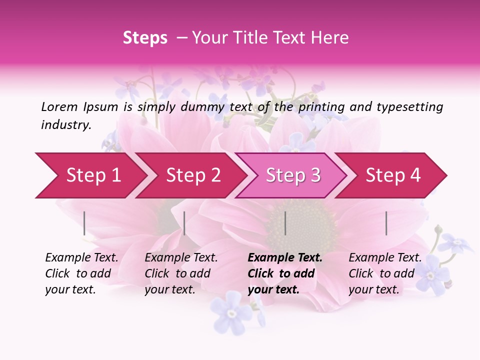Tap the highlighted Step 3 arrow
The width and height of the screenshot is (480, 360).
point(293,175)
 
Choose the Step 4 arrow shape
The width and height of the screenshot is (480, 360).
point(393,175)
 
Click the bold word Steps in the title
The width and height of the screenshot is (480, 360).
point(145,38)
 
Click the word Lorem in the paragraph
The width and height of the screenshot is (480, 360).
point(59,106)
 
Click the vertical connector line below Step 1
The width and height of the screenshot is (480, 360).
point(84,223)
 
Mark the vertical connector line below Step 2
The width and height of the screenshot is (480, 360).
point(184,223)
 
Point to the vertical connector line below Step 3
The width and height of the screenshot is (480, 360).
point(285,223)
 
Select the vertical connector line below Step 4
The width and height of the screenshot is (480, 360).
point(386,223)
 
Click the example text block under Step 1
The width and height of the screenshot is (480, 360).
point(81,273)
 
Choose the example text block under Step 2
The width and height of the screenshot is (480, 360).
point(181,273)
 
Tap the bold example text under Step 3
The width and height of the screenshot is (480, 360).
point(285,273)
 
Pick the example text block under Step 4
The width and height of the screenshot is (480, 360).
point(385,273)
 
